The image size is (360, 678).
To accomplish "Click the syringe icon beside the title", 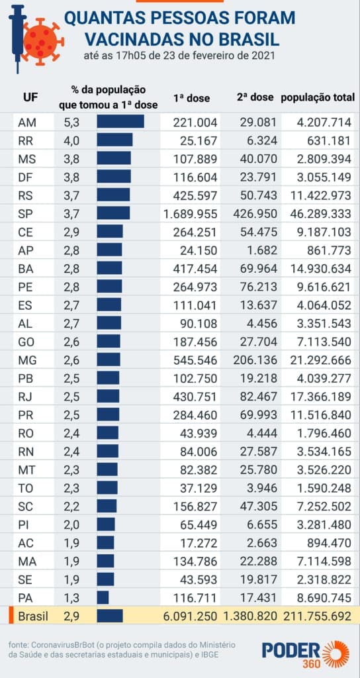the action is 17,37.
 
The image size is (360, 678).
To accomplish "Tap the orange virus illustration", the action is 42,40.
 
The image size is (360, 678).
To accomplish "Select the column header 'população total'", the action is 318,98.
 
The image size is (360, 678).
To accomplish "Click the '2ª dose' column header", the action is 255,97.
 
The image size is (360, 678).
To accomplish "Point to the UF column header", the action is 30,97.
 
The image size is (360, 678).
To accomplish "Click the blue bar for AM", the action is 120,122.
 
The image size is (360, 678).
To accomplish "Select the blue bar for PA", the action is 103,598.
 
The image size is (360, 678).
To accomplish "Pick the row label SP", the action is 25,213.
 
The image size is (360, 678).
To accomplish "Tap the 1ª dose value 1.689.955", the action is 190,214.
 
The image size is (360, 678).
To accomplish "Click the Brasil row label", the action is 33,616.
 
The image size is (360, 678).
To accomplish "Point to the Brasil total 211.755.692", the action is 317,616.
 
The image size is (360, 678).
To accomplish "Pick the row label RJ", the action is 25,396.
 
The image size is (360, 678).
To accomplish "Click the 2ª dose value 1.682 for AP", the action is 263,250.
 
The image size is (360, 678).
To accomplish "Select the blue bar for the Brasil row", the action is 110,616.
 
